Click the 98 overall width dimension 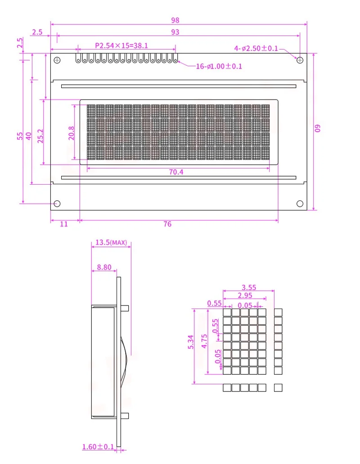175,20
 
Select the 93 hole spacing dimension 175,32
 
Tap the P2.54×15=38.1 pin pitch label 121,45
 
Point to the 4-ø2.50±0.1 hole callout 256,48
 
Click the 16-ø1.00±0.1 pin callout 219,66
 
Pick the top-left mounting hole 57,60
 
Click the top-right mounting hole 300,60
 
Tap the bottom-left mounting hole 57,204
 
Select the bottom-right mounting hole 300,204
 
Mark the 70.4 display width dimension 176,172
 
